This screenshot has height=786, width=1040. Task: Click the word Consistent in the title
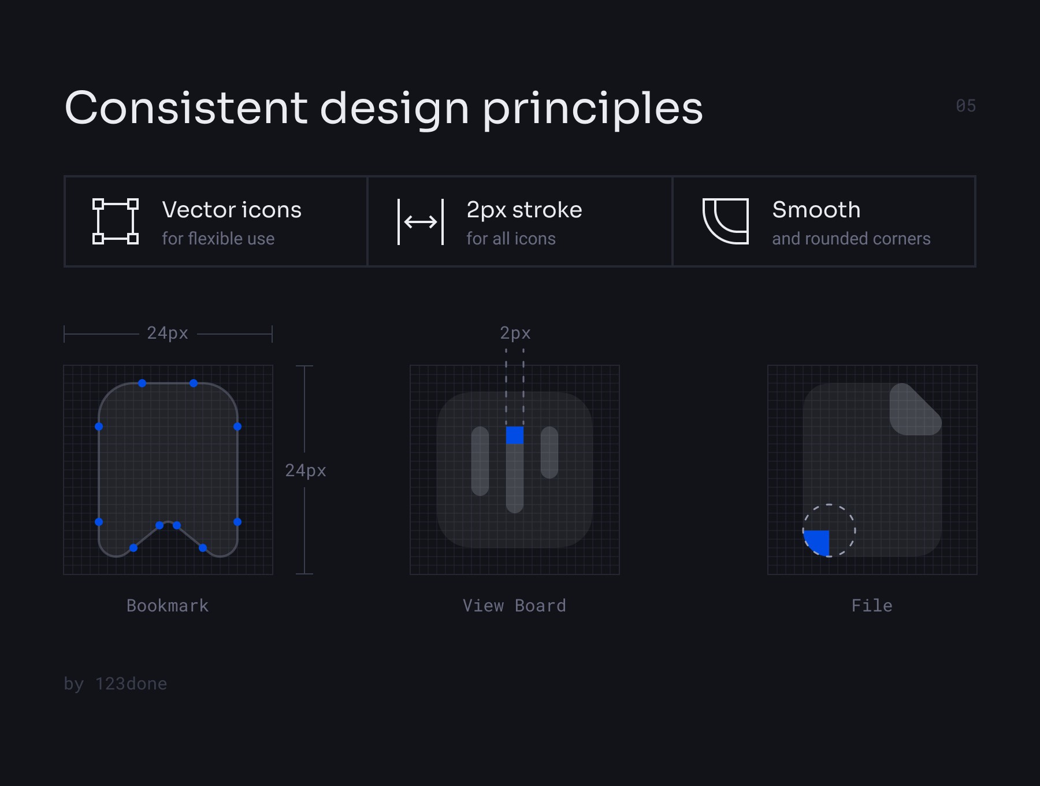click(x=186, y=108)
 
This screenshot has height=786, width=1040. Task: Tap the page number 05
click(x=966, y=106)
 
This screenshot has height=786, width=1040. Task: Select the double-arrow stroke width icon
click(x=421, y=221)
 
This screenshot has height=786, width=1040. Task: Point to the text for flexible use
click(x=218, y=239)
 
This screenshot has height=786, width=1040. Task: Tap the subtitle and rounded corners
click(x=851, y=239)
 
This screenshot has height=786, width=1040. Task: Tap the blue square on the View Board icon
click(x=515, y=435)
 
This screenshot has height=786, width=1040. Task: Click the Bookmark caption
click(x=168, y=606)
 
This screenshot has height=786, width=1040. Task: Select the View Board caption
click(x=514, y=606)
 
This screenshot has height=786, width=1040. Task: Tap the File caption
click(x=872, y=606)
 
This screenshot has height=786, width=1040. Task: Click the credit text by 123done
click(x=116, y=684)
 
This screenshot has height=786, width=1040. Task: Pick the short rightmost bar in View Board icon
click(x=549, y=453)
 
